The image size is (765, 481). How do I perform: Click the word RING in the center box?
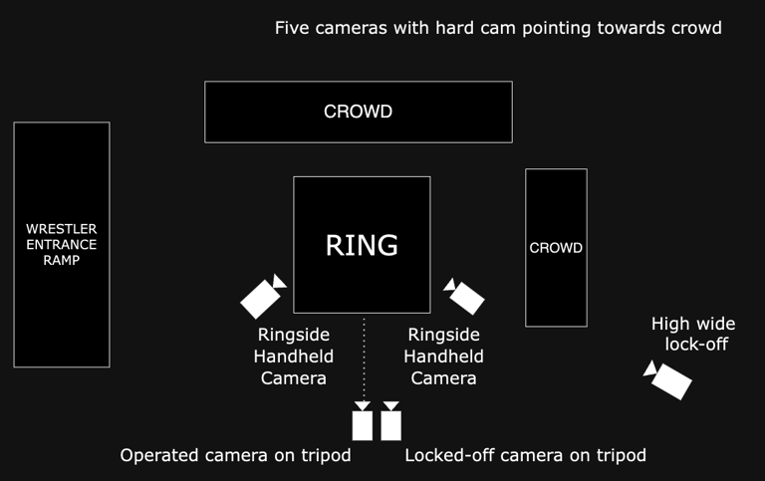(x=362, y=245)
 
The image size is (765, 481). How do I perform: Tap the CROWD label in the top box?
(x=358, y=112)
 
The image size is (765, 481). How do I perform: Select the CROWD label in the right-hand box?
(x=556, y=248)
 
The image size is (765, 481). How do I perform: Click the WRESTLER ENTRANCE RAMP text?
(x=62, y=244)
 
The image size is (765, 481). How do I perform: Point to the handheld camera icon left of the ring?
(x=263, y=296)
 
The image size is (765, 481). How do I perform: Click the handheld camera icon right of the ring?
(x=464, y=296)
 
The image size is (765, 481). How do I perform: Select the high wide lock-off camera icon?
(x=668, y=379)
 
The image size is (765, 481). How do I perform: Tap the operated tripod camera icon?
(x=363, y=422)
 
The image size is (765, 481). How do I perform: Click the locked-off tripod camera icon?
(x=390, y=422)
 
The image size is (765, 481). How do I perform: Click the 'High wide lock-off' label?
(x=693, y=334)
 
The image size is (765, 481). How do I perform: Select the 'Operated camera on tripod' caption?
(x=235, y=456)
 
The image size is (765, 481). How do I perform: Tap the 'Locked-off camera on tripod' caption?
(x=525, y=456)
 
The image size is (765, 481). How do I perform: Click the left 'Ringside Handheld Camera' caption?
(x=294, y=357)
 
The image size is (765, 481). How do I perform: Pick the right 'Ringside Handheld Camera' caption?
(x=444, y=357)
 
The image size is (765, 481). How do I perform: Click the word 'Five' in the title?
(x=293, y=28)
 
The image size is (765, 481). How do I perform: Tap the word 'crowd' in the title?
(x=695, y=28)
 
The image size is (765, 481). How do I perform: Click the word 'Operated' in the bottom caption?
(x=161, y=456)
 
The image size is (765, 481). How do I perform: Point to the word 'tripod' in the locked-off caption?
(x=620, y=456)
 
